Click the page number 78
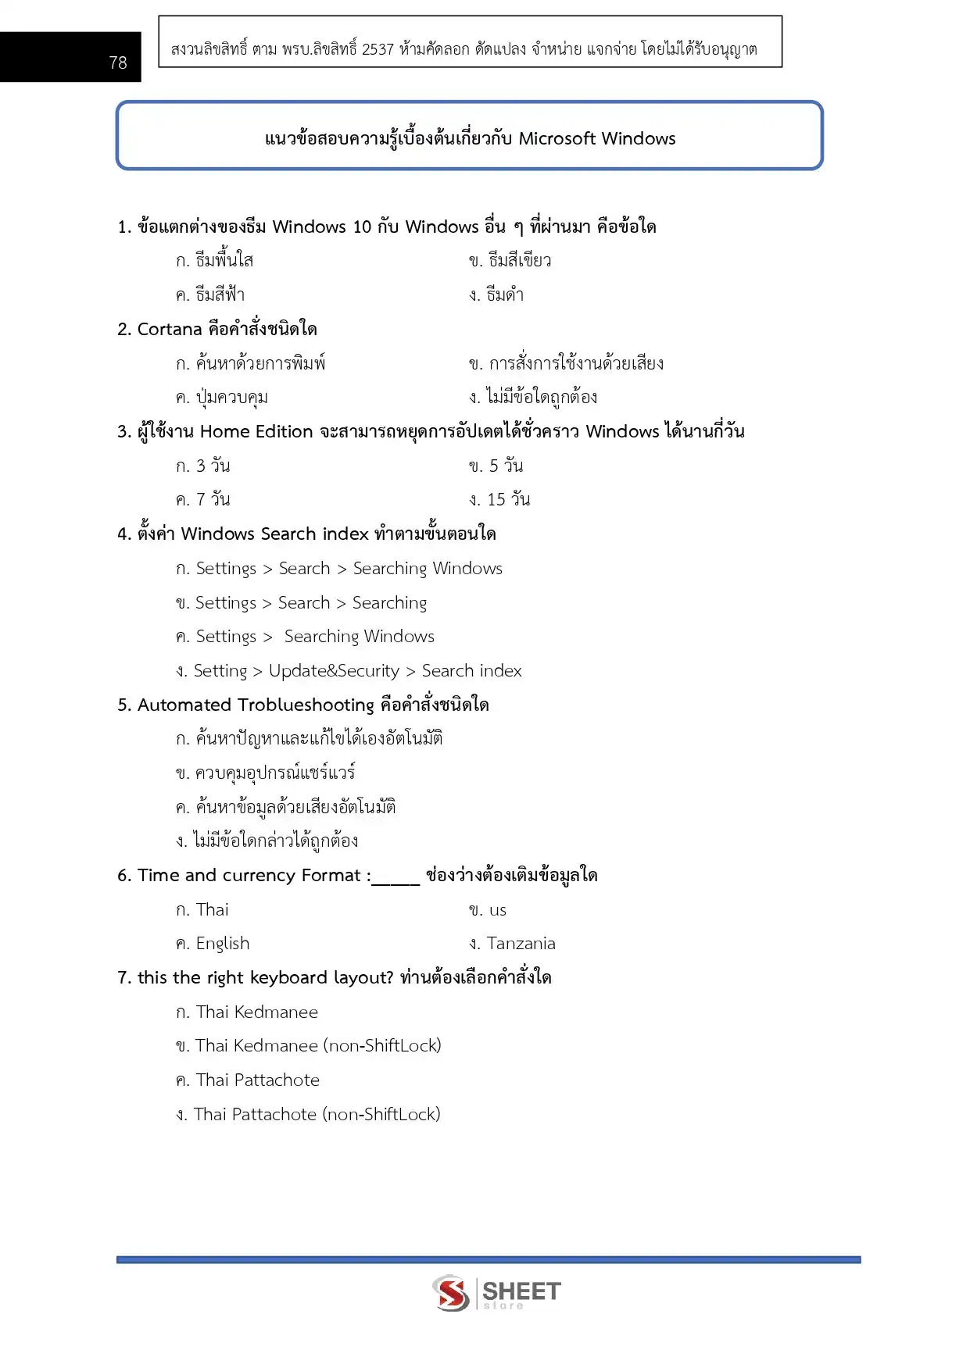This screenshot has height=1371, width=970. pyautogui.click(x=118, y=62)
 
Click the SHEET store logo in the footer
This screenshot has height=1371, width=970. pyautogui.click(x=496, y=1293)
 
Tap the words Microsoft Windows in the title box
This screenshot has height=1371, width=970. pyautogui.click(x=597, y=139)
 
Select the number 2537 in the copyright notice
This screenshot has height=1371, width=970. pyautogui.click(x=378, y=49)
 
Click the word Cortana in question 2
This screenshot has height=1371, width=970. pyautogui.click(x=170, y=330)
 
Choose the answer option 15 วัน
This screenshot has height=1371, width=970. pyautogui.click(x=508, y=500)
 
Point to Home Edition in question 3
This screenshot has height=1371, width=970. pyautogui.click(x=256, y=432)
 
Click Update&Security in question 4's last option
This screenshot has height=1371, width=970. pyautogui.click(x=334, y=671)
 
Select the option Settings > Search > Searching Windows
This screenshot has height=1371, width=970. pyautogui.click(x=349, y=569)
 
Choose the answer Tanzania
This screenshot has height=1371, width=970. pyautogui.click(x=521, y=944)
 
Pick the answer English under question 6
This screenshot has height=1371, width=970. pyautogui.click(x=223, y=944)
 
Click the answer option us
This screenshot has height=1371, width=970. pyautogui.click(x=498, y=910)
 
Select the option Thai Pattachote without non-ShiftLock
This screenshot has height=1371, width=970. pyautogui.click(x=257, y=1080)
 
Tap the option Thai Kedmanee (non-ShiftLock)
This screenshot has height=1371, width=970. pyautogui.click(x=318, y=1046)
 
